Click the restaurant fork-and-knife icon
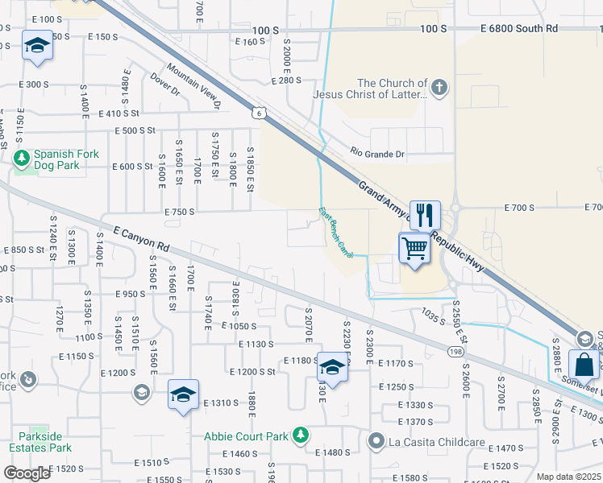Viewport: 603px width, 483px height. pyautogui.click(x=425, y=215)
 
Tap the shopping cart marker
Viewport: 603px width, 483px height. pyautogui.click(x=414, y=247)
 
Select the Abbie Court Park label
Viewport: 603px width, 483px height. pyautogui.click(x=246, y=436)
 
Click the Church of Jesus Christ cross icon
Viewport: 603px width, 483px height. pyautogui.click(x=439, y=88)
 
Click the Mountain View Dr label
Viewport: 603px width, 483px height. pyautogui.click(x=193, y=87)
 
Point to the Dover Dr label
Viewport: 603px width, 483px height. pyautogui.click(x=164, y=85)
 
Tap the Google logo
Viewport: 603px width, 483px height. pyautogui.click(x=27, y=473)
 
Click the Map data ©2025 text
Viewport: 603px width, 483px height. pyautogui.click(x=569, y=477)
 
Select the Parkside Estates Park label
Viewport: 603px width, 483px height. pyautogui.click(x=40, y=442)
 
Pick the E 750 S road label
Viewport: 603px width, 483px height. pyautogui.click(x=180, y=212)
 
